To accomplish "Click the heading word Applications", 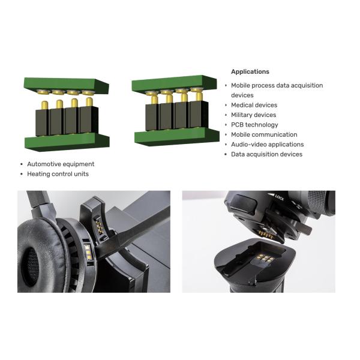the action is [x=250, y=71].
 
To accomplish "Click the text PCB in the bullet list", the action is [x=237, y=125].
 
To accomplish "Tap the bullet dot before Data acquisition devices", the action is [x=226, y=155].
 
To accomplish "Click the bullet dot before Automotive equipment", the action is [x=22, y=164].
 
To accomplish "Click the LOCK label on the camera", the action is [x=280, y=197].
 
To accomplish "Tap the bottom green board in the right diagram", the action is [x=177, y=137].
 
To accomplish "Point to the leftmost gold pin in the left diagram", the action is [x=44, y=106].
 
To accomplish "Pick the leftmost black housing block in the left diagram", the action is [x=42, y=122].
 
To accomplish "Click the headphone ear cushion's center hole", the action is [x=31, y=266].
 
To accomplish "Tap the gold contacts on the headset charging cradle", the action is [x=99, y=227].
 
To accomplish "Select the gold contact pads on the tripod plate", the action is [x=265, y=258].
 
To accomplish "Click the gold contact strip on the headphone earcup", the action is [x=88, y=253].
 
